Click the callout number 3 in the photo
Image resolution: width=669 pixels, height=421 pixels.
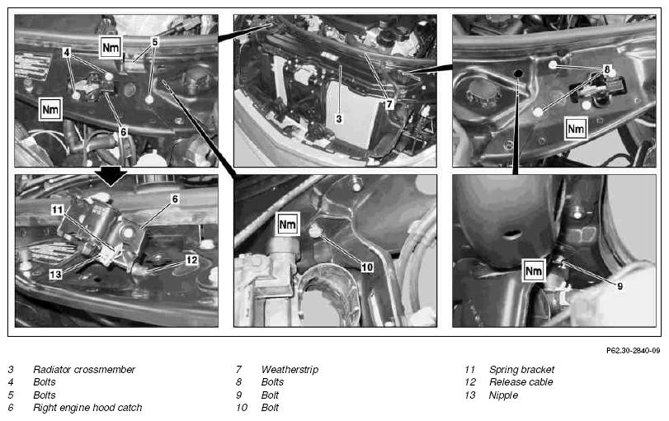click(x=339, y=118)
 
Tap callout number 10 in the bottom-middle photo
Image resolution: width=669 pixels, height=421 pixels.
click(x=367, y=267)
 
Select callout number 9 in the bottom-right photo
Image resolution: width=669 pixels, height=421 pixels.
click(x=620, y=286)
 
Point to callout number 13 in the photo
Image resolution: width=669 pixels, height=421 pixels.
click(x=55, y=274)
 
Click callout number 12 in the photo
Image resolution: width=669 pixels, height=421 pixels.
click(x=192, y=259)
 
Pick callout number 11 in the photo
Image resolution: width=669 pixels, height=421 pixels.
click(x=57, y=210)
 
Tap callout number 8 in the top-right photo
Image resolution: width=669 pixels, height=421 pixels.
click(x=606, y=69)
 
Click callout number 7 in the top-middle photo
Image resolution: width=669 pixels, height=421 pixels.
click(x=389, y=104)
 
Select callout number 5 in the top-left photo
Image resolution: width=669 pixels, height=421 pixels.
click(x=155, y=42)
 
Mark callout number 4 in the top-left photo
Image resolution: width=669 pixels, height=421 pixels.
click(x=66, y=52)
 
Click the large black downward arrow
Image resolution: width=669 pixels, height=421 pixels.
click(x=111, y=176)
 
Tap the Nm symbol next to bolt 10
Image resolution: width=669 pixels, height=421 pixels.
click(x=287, y=224)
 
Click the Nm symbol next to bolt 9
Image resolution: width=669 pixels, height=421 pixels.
click(x=534, y=270)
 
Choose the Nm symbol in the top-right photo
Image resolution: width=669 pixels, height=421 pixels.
click(x=576, y=129)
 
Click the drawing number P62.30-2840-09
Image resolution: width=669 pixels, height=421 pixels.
click(x=634, y=351)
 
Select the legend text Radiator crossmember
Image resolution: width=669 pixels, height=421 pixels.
click(x=84, y=369)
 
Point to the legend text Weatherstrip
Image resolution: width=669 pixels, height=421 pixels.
click(x=290, y=369)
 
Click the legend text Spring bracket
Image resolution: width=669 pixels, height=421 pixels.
click(x=521, y=369)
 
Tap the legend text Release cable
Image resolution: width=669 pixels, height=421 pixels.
click(x=521, y=381)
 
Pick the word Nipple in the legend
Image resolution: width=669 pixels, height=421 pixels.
click(x=503, y=395)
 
